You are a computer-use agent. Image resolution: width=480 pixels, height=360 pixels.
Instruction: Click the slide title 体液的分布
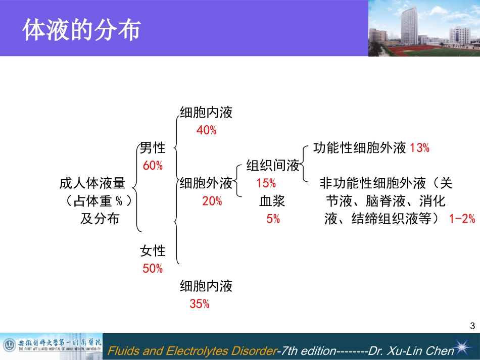tap(81, 31)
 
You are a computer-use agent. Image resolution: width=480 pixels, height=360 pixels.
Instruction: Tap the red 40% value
tap(206, 130)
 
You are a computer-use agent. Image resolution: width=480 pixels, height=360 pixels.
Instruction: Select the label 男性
tap(153, 148)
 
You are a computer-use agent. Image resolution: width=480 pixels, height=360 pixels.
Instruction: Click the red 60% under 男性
tap(153, 166)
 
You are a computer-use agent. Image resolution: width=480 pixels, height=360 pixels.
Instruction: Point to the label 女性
tap(153, 250)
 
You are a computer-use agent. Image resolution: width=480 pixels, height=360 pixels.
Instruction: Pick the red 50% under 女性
tap(153, 269)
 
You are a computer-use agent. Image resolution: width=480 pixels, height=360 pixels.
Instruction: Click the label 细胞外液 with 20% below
tap(206, 183)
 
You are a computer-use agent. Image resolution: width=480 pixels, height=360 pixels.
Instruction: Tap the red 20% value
tap(212, 201)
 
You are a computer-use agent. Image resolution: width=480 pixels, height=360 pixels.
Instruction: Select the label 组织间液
tap(273, 166)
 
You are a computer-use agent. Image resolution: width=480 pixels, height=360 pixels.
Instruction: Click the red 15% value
tap(266, 183)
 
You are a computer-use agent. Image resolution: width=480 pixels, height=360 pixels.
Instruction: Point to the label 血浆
tap(273, 201)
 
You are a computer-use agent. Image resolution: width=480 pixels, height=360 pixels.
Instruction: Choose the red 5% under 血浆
tap(273, 219)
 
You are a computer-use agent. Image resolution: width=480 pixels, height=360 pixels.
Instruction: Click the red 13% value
tap(419, 148)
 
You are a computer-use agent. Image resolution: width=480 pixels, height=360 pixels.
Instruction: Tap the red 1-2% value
tap(462, 219)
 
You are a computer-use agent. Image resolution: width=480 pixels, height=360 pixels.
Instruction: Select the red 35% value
tap(200, 304)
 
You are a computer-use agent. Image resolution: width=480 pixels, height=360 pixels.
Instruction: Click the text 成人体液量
tap(92, 183)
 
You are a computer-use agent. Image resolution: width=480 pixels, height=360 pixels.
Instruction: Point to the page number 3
tap(472, 326)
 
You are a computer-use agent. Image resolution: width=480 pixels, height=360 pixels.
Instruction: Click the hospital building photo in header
tap(423, 28)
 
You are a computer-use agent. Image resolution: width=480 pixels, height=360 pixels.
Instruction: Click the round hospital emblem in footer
tap(9, 346)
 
